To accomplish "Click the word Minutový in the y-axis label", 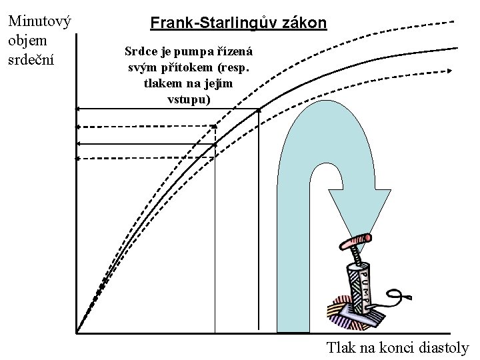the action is pos(39,21).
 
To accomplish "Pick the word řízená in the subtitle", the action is pos(235,51).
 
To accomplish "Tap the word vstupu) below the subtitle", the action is pos(189,99).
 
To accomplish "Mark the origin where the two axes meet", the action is pos(77,332).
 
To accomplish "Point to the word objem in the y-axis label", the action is pos(25,40).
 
